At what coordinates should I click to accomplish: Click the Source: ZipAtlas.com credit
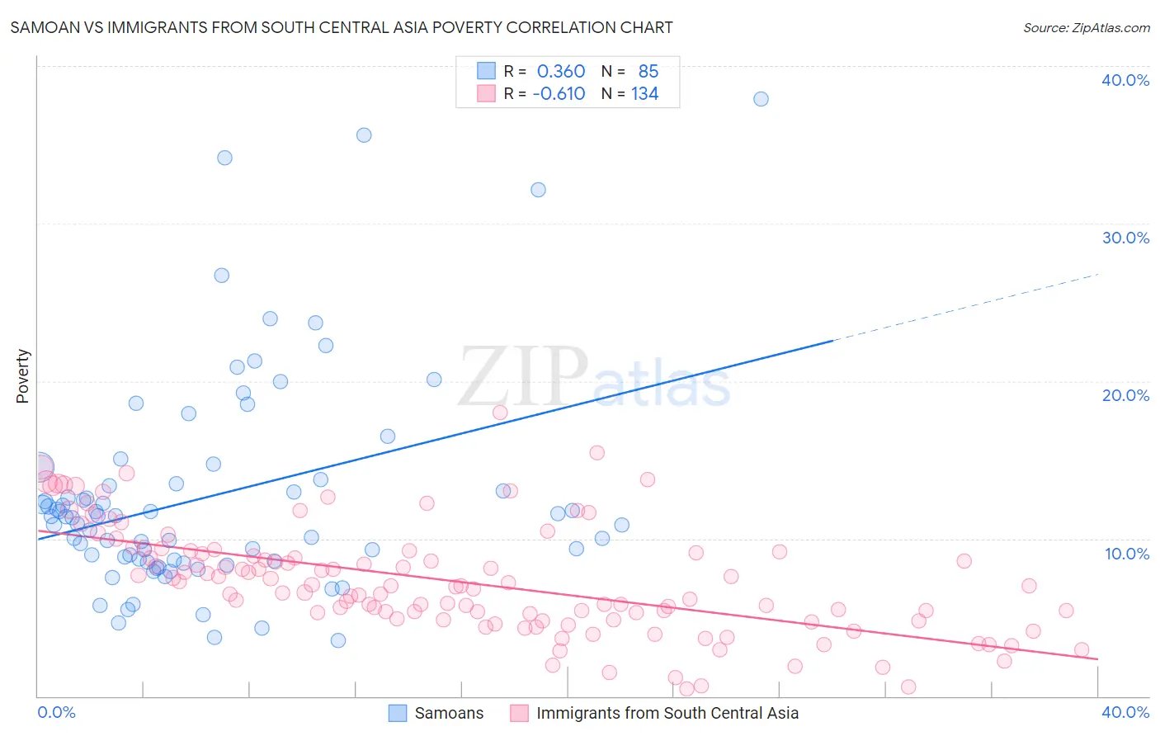tap(1086, 27)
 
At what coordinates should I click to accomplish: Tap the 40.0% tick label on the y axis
tap(1125, 80)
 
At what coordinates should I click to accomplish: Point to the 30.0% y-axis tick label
tap(1125, 238)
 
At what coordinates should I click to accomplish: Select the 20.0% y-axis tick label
tap(1125, 395)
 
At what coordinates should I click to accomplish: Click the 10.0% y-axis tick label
tap(1125, 553)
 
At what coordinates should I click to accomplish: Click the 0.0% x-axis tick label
tap(56, 712)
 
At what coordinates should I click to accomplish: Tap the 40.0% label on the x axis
tap(1125, 712)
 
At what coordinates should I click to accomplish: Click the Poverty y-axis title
tap(22, 376)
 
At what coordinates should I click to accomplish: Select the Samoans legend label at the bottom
tap(449, 713)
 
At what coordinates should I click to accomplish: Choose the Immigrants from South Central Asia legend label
tap(667, 713)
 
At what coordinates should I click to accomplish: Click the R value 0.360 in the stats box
tap(561, 72)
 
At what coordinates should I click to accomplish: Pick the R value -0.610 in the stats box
tap(559, 94)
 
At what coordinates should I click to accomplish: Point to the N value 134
tap(644, 94)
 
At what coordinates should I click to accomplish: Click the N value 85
tap(648, 72)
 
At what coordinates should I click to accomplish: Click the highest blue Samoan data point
tap(761, 99)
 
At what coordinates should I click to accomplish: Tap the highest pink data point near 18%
tap(500, 413)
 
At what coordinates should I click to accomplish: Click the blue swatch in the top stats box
tap(486, 71)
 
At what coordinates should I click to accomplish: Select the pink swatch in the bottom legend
tap(519, 713)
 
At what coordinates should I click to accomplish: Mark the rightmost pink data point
tap(1082, 649)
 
